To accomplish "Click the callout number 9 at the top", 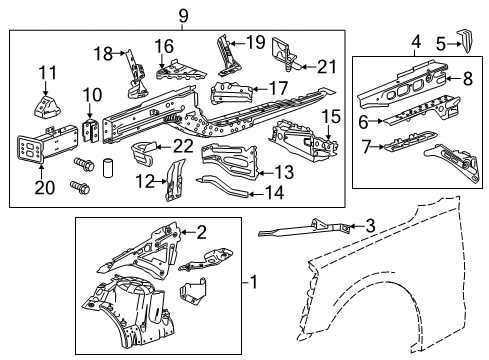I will pos(182,14).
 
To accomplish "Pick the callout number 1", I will pos(254,283).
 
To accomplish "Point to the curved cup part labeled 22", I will pos(147,155).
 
